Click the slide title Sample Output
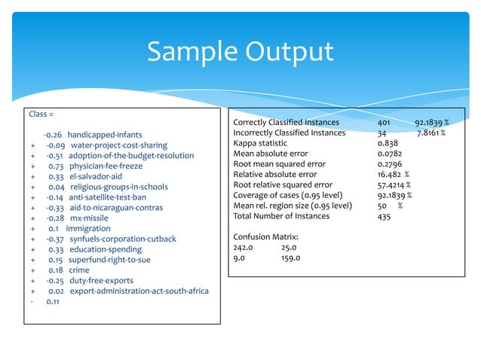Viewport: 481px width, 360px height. pyautogui.click(x=240, y=52)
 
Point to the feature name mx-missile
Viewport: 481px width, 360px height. pyautogui.click(x=90, y=218)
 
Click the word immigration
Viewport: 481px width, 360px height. pyautogui.click(x=88, y=228)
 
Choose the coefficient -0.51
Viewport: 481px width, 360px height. pyautogui.click(x=53, y=156)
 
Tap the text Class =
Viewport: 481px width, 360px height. pyautogui.click(x=41, y=114)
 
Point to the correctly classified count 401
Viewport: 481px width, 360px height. pyautogui.click(x=385, y=122)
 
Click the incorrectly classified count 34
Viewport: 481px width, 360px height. pyautogui.click(x=382, y=133)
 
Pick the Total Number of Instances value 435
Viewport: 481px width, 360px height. pyautogui.click(x=385, y=216)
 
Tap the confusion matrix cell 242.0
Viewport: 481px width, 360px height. pyautogui.click(x=244, y=248)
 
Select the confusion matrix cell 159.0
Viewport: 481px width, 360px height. pyautogui.click(x=290, y=258)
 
